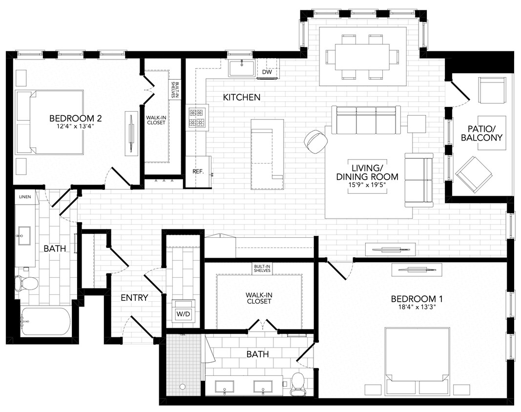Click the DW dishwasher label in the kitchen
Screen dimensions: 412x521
pyautogui.click(x=267, y=72)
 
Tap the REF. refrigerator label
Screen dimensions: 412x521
pyautogui.click(x=198, y=172)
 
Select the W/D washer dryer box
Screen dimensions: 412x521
pyautogui.click(x=184, y=314)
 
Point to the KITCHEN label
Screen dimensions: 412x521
pyautogui.click(x=241, y=98)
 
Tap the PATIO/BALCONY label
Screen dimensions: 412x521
pyautogui.click(x=481, y=133)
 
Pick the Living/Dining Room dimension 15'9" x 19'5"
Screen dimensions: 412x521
pyautogui.click(x=374, y=185)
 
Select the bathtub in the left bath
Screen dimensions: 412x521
pyautogui.click(x=45, y=322)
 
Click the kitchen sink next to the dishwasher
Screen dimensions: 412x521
pyautogui.click(x=241, y=69)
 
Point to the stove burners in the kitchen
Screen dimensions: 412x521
pyautogui.click(x=197, y=118)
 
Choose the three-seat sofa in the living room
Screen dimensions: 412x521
pyautogui.click(x=366, y=120)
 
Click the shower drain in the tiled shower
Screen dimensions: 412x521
pyautogui.click(x=183, y=387)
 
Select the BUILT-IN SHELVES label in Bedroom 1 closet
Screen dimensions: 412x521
pyautogui.click(x=262, y=268)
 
